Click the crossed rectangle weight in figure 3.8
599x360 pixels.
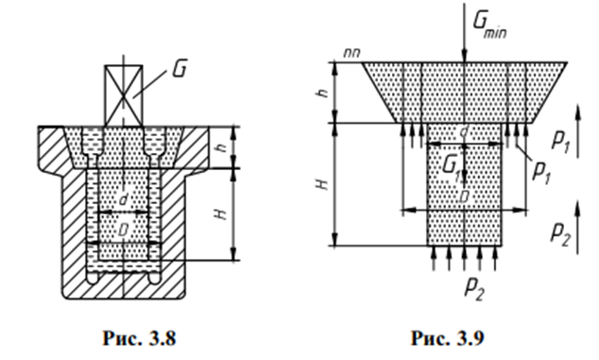pos(124,96)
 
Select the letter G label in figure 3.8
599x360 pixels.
pos(180,69)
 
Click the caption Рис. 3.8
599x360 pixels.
pos(139,338)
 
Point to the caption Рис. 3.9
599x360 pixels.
pos(447,338)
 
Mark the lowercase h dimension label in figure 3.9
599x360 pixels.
pos(323,92)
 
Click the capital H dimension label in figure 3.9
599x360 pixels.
pos(323,184)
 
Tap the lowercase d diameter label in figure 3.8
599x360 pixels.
pos(123,199)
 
